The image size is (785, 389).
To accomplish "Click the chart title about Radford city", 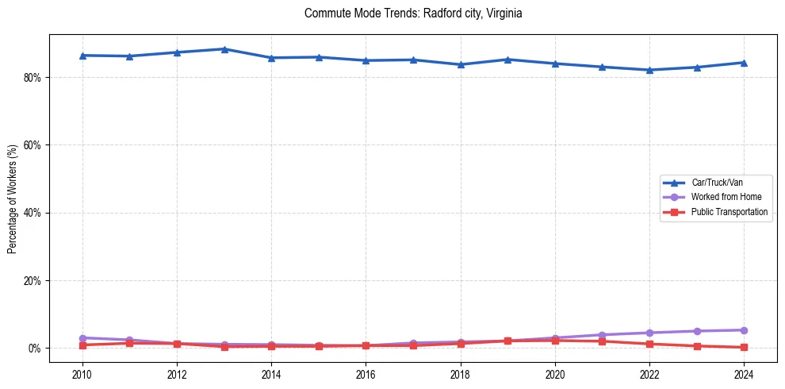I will [413, 13].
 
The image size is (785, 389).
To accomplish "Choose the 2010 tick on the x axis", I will [82, 374].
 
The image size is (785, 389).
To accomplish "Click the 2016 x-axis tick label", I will [366, 374].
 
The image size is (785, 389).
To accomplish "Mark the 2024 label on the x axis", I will [744, 374].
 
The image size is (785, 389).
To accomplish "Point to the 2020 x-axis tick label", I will [555, 374].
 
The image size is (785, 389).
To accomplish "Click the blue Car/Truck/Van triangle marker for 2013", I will [224, 49].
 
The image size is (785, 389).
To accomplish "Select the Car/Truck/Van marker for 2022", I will [649, 70].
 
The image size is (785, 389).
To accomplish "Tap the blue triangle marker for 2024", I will [744, 63].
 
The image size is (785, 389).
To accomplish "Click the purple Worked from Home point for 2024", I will [744, 330].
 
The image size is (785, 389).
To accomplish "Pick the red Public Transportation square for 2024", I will [744, 347].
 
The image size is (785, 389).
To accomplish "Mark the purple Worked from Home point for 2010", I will [82, 338].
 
